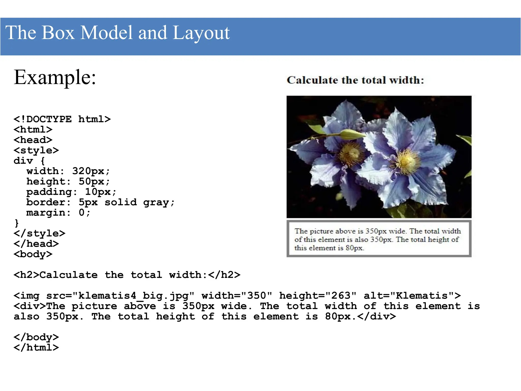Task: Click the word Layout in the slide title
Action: point(201,33)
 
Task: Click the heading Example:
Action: point(55,77)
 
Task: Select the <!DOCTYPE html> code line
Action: point(62,119)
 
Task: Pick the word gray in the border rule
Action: point(156,202)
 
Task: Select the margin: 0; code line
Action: point(58,213)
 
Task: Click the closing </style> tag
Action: point(39,233)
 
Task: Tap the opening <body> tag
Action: point(33,254)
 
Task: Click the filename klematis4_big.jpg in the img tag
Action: point(134,296)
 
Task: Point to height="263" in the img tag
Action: point(318,296)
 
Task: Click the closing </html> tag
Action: point(36,347)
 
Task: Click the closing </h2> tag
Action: point(224,275)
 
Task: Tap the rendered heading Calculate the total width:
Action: point(355,80)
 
